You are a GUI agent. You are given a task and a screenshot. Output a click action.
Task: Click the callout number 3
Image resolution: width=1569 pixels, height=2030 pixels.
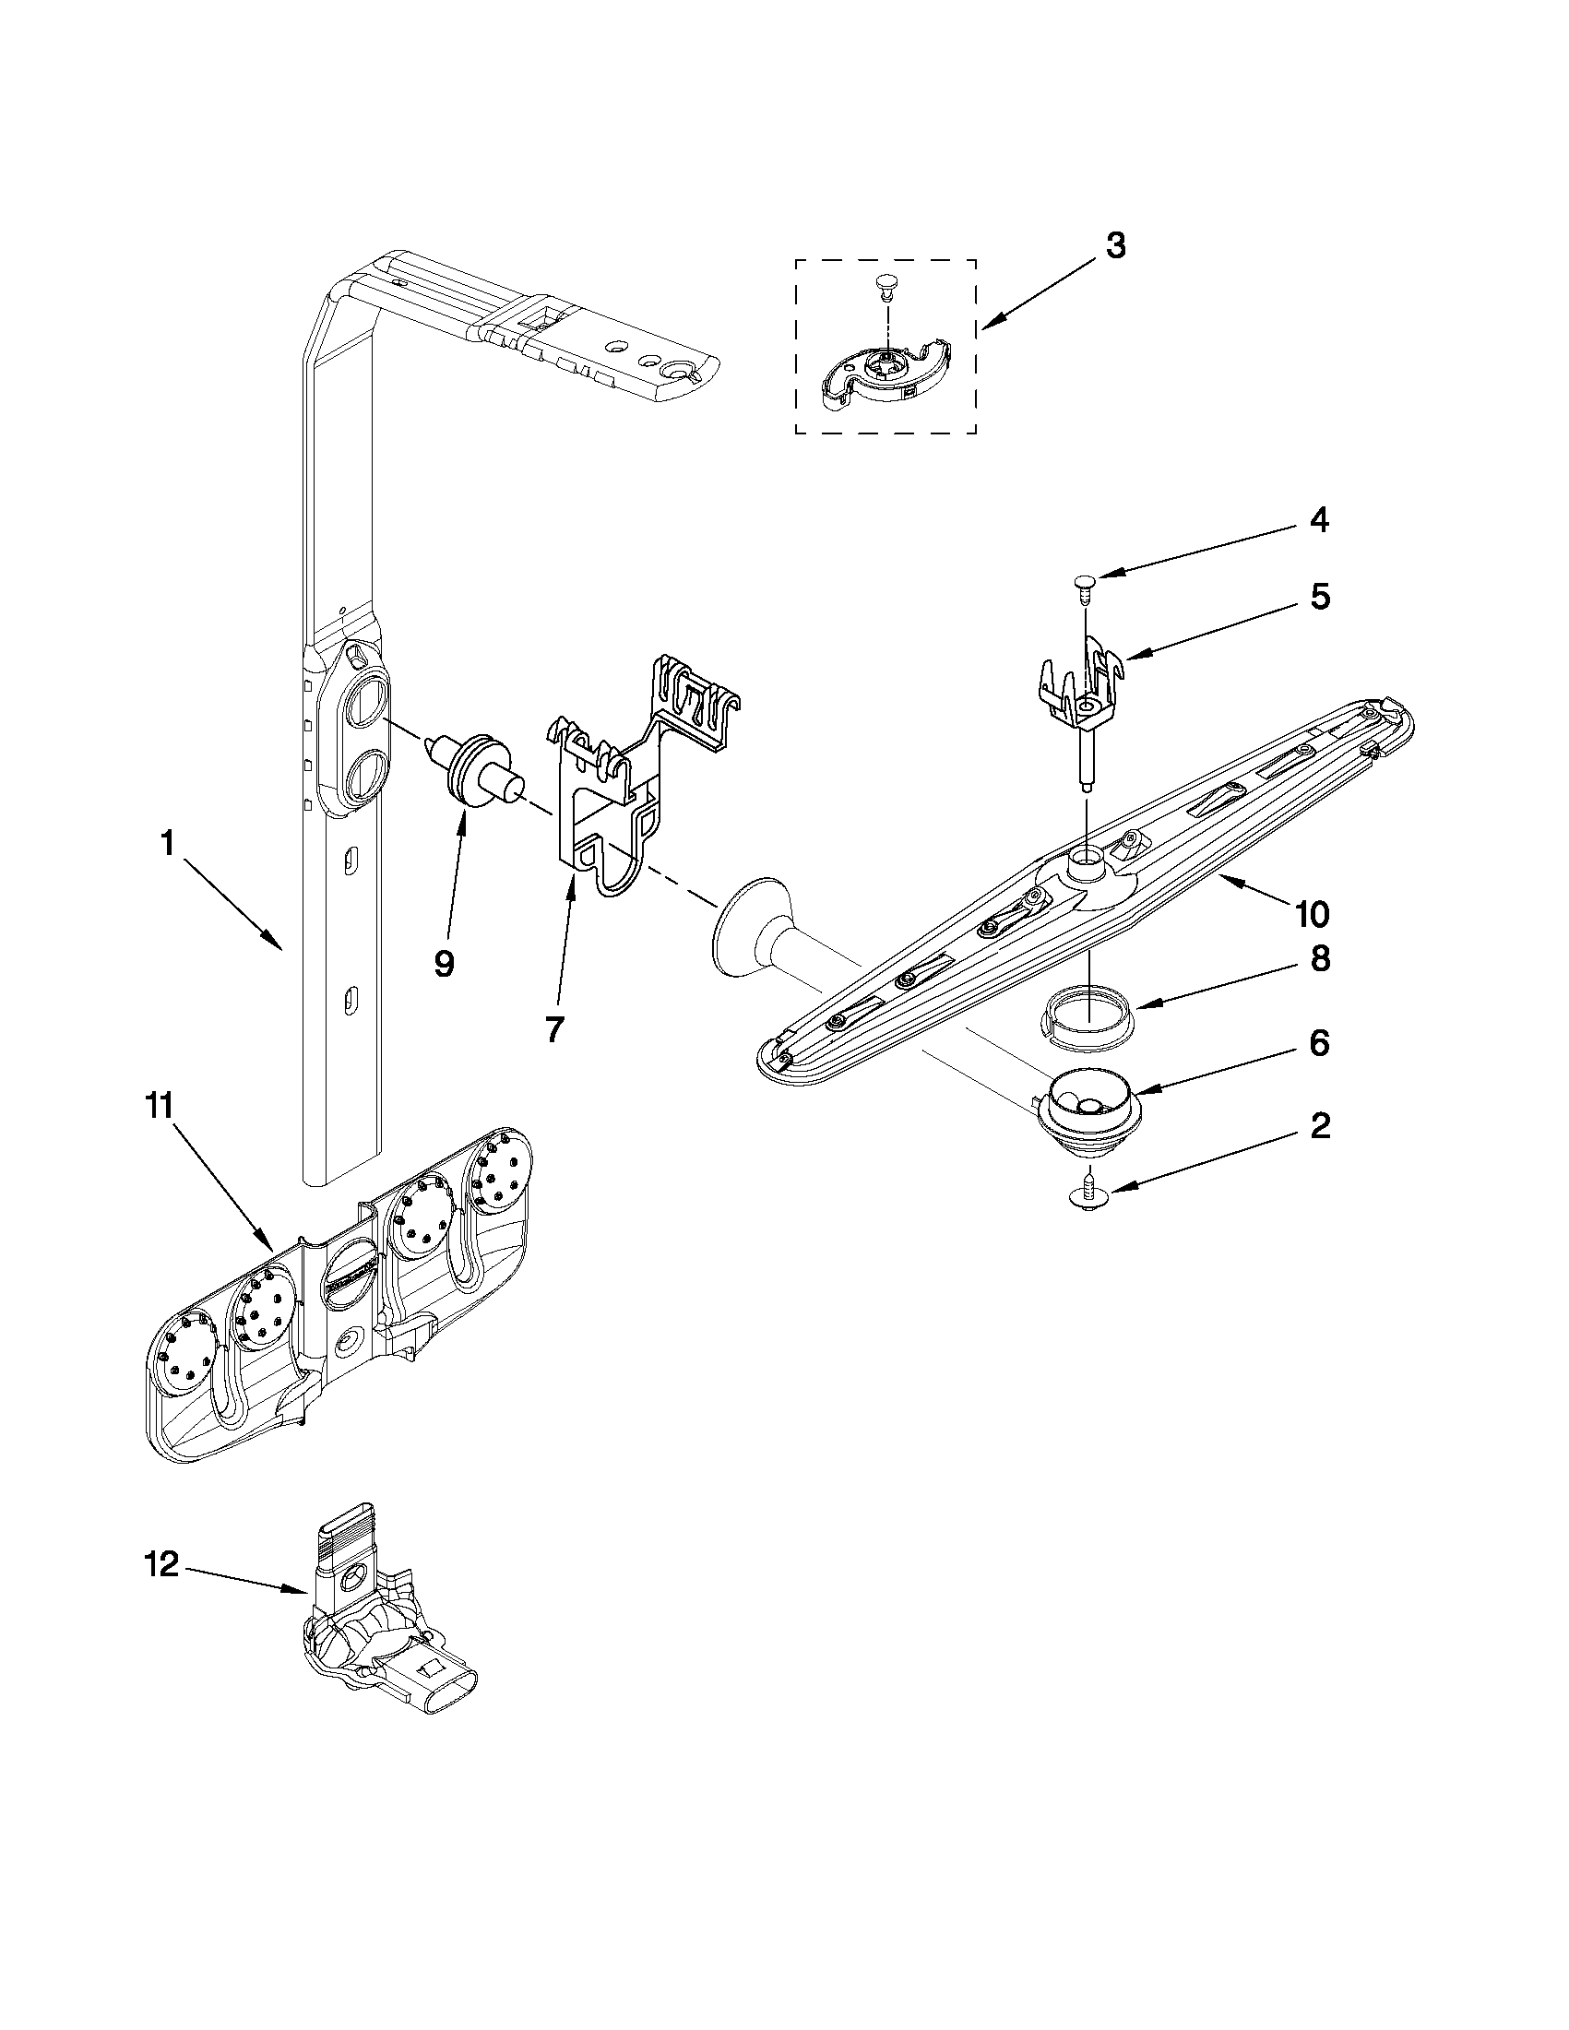click(1115, 246)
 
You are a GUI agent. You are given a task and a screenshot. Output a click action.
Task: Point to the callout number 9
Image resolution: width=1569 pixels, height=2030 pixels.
click(445, 964)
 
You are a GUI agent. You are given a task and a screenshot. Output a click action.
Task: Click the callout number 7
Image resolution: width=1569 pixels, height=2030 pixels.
click(554, 1029)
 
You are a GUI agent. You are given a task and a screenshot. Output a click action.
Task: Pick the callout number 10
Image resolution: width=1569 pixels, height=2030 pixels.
click(1312, 915)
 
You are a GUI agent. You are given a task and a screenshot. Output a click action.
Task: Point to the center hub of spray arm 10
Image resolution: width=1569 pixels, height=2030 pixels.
click(1085, 863)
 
